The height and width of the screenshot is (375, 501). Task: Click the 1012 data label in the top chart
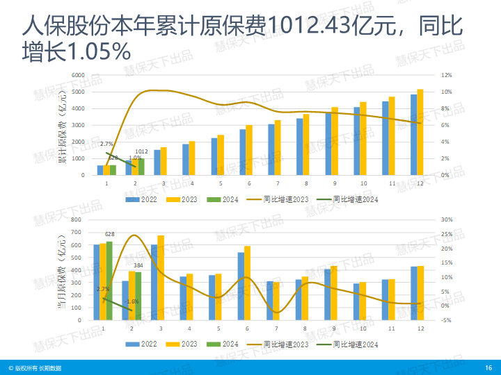point(141,151)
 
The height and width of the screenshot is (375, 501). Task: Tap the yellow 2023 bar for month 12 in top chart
point(420,132)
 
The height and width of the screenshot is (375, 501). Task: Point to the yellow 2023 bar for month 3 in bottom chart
point(161,278)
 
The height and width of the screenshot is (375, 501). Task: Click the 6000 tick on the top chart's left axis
point(79,75)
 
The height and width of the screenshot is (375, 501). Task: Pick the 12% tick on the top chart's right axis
point(447,75)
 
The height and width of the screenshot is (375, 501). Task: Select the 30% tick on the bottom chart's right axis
point(447,219)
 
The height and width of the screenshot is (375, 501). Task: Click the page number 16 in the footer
point(488,367)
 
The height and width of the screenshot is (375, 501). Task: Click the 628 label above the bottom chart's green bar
point(109,235)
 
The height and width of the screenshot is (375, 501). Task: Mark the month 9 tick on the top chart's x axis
point(335,183)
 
